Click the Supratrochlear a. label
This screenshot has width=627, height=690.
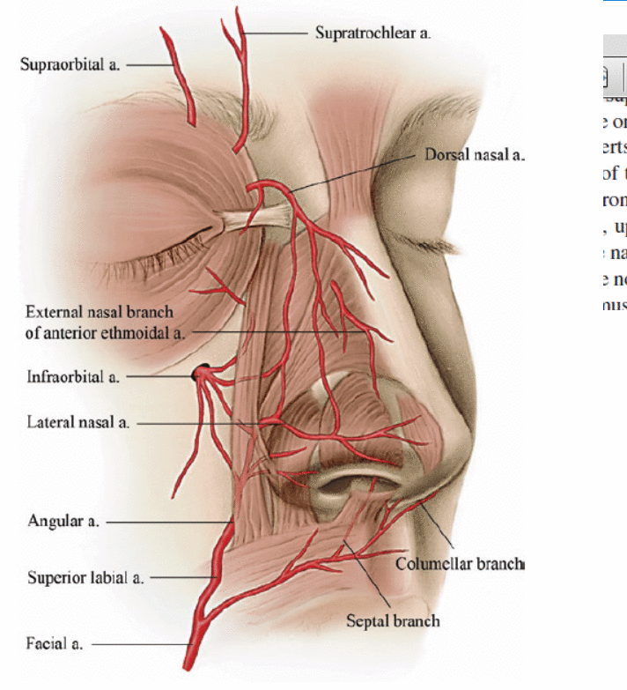pyautogui.click(x=373, y=33)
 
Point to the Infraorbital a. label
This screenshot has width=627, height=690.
pyautogui.click(x=72, y=378)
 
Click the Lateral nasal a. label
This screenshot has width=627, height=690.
pyautogui.click(x=77, y=423)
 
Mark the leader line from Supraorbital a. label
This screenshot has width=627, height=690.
pyautogui.click(x=151, y=64)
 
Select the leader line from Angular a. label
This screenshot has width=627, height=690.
pyautogui.click(x=163, y=522)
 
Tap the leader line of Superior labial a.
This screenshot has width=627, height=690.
pyautogui.click(x=176, y=578)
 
